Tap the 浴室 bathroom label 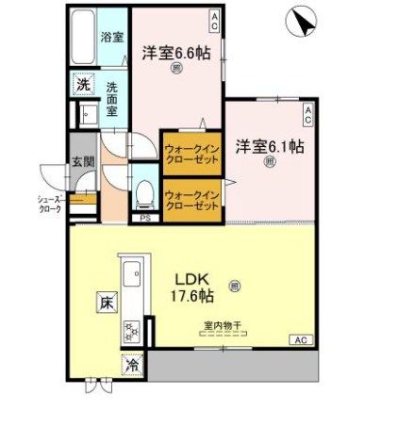pos(112,39)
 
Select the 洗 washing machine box pos(83,83)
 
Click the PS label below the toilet pos(145,219)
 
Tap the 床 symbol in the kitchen pos(100,304)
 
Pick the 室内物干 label pos(223,327)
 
